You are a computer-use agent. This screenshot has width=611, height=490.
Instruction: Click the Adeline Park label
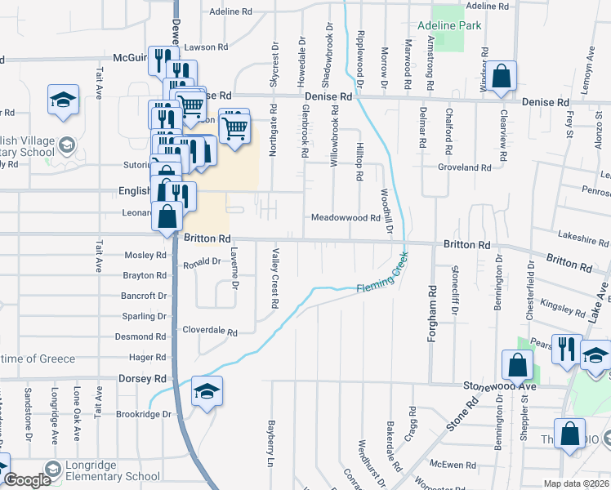[448, 25]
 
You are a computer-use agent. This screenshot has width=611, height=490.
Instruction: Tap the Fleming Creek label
[381, 278]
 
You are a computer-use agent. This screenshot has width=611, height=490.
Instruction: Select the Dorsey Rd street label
[142, 379]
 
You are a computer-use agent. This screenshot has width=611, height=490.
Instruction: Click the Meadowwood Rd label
[346, 218]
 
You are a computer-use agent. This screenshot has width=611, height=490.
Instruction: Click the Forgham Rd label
[430, 305]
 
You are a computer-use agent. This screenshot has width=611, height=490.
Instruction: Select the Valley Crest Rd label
[275, 278]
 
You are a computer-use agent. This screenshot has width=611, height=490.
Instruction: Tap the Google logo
[26, 481]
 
